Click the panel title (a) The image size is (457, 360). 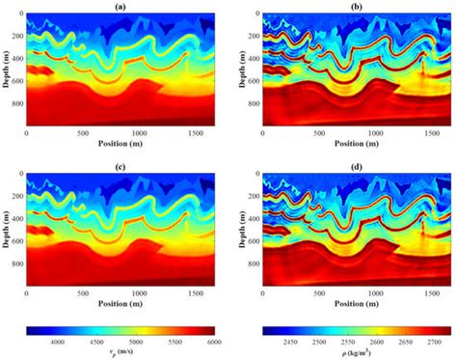pyautogui.click(x=120, y=6)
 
